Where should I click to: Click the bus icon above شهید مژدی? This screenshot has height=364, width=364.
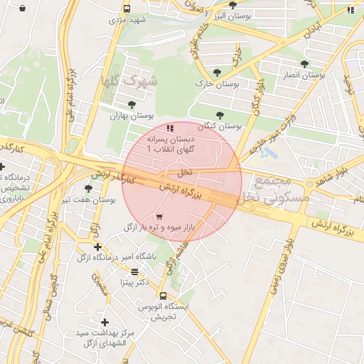coord(127,9)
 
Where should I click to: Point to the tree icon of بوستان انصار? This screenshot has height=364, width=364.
coord(304,64)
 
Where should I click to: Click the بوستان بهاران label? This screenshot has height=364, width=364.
coord(129,116)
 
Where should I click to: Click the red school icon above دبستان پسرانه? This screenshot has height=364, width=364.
coord(169,128)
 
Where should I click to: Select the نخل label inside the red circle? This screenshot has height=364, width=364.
coord(184,172)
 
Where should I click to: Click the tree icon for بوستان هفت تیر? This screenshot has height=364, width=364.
coord(88,188)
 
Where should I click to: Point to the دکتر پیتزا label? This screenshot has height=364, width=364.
coord(134,282)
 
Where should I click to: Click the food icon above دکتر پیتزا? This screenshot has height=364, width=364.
coord(134,272)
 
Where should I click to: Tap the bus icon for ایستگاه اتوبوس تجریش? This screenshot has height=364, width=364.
coord(163,296)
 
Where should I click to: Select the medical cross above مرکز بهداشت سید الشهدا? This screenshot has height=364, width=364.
coord(105,322)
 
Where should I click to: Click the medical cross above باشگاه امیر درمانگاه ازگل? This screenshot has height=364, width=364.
coord(97,247)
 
